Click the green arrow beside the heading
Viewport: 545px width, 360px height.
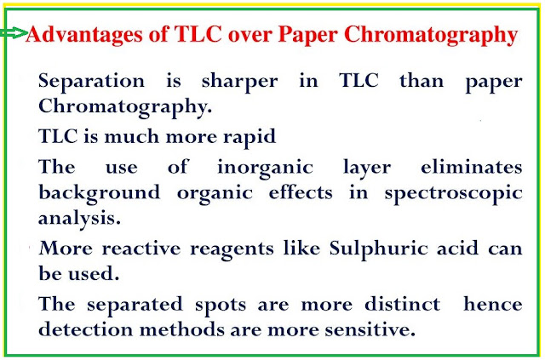(14, 33)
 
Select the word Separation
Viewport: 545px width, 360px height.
(91, 82)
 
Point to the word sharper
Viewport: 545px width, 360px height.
(240, 82)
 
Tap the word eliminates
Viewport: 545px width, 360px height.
(472, 167)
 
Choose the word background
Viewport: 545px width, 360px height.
(100, 193)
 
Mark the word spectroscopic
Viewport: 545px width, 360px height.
(454, 194)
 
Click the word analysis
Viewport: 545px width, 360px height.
(79, 219)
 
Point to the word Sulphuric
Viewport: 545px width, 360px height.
(379, 249)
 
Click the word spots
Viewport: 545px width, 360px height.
(221, 306)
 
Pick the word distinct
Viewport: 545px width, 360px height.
(403, 304)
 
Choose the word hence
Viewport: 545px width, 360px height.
(493, 304)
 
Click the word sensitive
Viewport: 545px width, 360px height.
(370, 329)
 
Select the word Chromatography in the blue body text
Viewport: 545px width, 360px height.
(125, 107)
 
